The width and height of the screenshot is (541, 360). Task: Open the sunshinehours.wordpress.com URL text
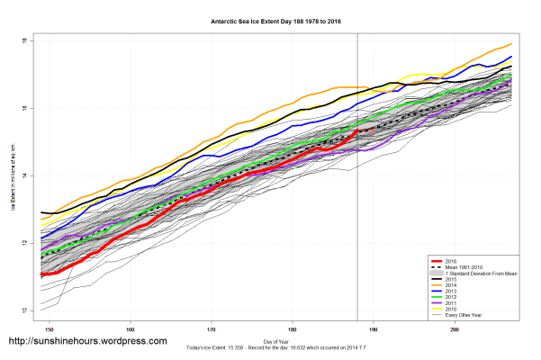[87, 342]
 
